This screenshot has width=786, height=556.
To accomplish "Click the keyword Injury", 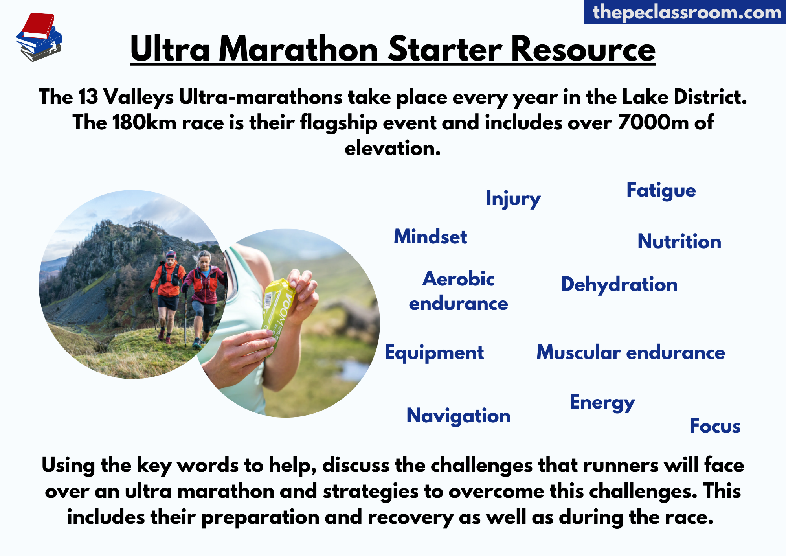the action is [513, 199].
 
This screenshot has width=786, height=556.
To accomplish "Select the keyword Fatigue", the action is [661, 191].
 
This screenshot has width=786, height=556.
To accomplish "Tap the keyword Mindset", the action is [430, 237].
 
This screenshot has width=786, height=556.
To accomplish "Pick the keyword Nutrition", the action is [679, 241].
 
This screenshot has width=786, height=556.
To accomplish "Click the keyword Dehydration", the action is [619, 285].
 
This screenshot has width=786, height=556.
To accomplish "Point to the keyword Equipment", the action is [434, 353].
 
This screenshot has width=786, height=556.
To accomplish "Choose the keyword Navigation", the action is [458, 416].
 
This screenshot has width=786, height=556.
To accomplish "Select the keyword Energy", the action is [602, 403].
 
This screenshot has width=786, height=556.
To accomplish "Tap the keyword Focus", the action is [715, 426].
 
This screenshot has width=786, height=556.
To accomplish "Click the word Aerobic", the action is [458, 279].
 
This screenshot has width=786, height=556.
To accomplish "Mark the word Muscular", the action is [578, 352].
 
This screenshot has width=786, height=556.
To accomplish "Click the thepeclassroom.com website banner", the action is [685, 12].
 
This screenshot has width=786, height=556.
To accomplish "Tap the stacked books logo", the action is [39, 37].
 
